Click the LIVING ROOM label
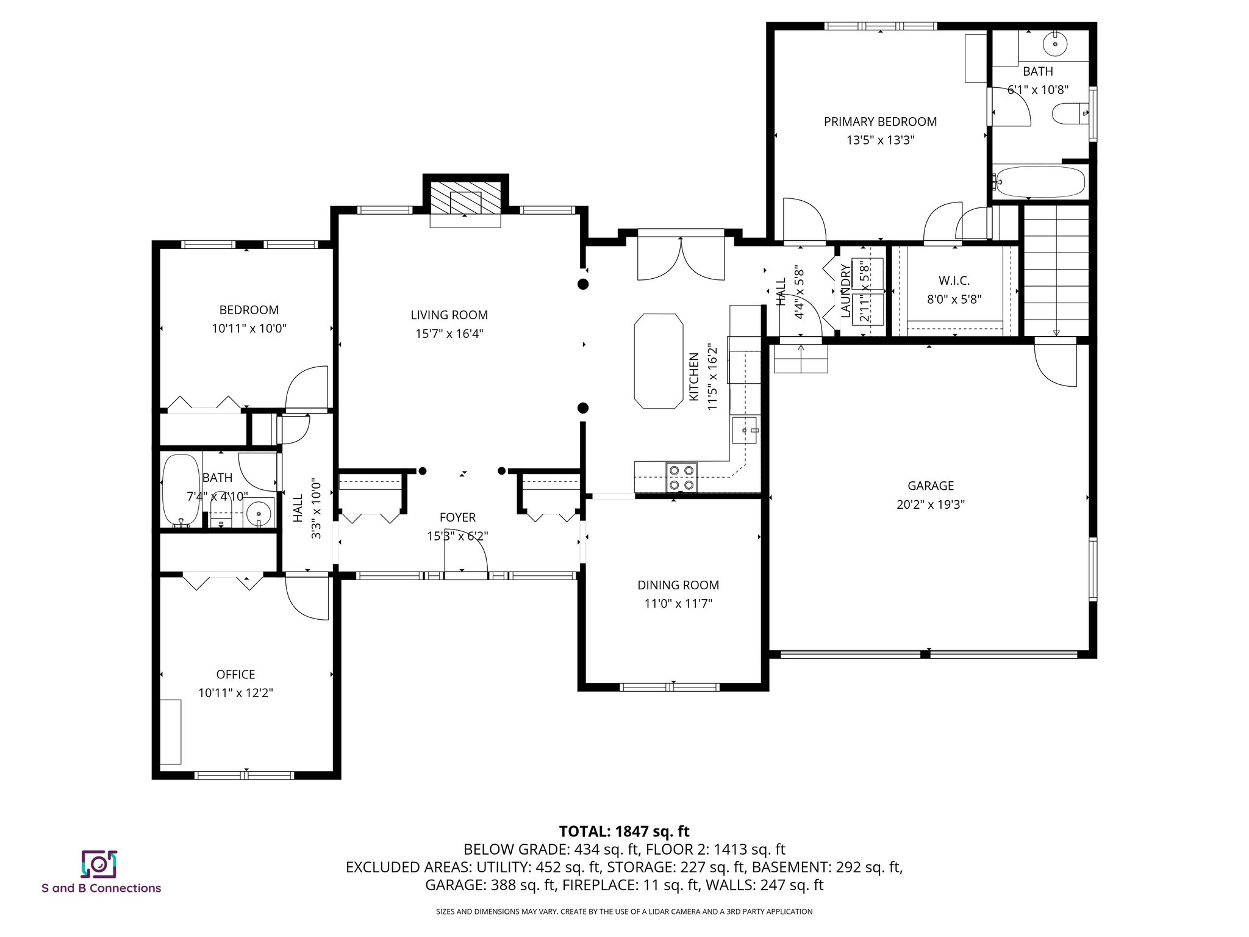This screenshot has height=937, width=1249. click(449, 315)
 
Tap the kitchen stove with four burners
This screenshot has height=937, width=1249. click(681, 477)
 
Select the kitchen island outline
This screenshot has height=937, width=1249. click(658, 361)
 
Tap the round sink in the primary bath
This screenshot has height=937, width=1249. click(1054, 43)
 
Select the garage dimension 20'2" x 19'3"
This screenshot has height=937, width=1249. click(930, 504)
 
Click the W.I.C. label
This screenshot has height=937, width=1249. click(954, 281)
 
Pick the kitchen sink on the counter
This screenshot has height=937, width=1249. click(745, 431)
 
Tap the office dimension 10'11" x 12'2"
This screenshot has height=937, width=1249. click(235, 693)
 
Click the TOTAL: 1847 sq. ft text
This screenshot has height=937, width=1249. click(624, 831)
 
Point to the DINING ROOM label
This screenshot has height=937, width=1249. click(678, 585)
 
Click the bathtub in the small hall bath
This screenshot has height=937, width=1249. click(181, 490)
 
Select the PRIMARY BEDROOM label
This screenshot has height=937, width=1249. click(880, 121)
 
